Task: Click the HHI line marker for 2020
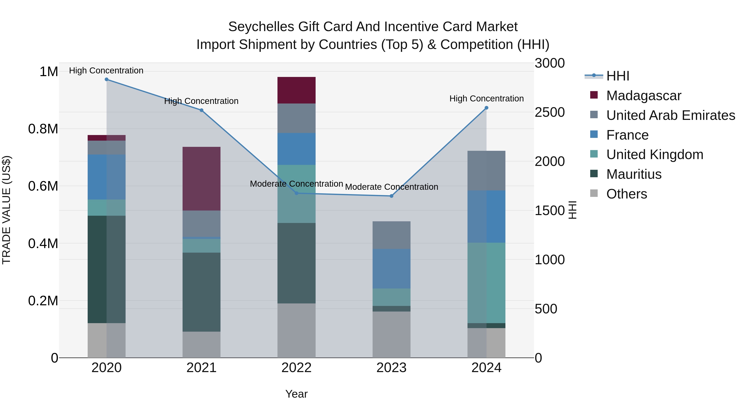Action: coord(107,79)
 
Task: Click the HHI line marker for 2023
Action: coord(391,196)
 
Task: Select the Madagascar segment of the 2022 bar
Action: coord(296,90)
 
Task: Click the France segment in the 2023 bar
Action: coord(391,268)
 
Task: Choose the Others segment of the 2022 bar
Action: coord(296,330)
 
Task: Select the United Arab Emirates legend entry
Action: coord(670,115)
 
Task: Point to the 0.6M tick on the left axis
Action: coord(43,186)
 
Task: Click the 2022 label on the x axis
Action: coord(296,368)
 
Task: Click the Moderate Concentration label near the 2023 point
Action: coord(391,187)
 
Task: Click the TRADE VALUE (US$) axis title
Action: coord(6,210)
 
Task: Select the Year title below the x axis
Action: coord(296,394)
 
